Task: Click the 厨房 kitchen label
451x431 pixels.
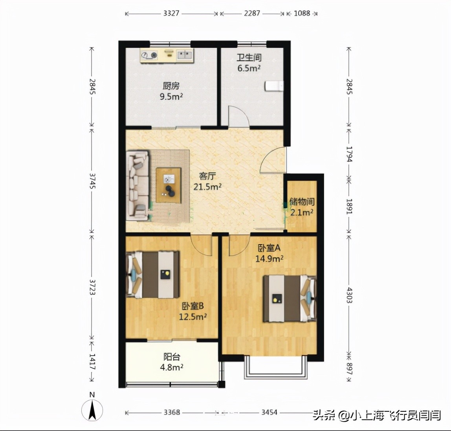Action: pyautogui.click(x=171, y=86)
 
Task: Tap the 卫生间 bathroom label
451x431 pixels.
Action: pyautogui.click(x=249, y=58)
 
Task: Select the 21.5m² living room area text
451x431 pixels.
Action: pyautogui.click(x=207, y=187)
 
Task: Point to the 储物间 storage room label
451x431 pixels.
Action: pyautogui.click(x=302, y=202)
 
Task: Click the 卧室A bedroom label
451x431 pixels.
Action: pyautogui.click(x=269, y=248)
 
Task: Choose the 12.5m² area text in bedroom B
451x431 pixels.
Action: pyautogui.click(x=193, y=317)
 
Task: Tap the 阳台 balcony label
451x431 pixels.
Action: pyautogui.click(x=172, y=357)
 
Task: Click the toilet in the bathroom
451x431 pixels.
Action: pyautogui.click(x=274, y=86)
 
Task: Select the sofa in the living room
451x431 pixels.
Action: pyautogui.click(x=138, y=186)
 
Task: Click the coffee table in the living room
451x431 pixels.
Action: pyautogui.click(x=169, y=185)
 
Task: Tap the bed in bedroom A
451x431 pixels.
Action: pyautogui.click(x=290, y=299)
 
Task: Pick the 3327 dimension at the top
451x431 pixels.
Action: pyautogui.click(x=171, y=13)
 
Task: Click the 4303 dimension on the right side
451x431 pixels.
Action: pyautogui.click(x=349, y=295)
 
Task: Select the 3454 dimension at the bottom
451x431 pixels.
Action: pyautogui.click(x=269, y=412)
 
